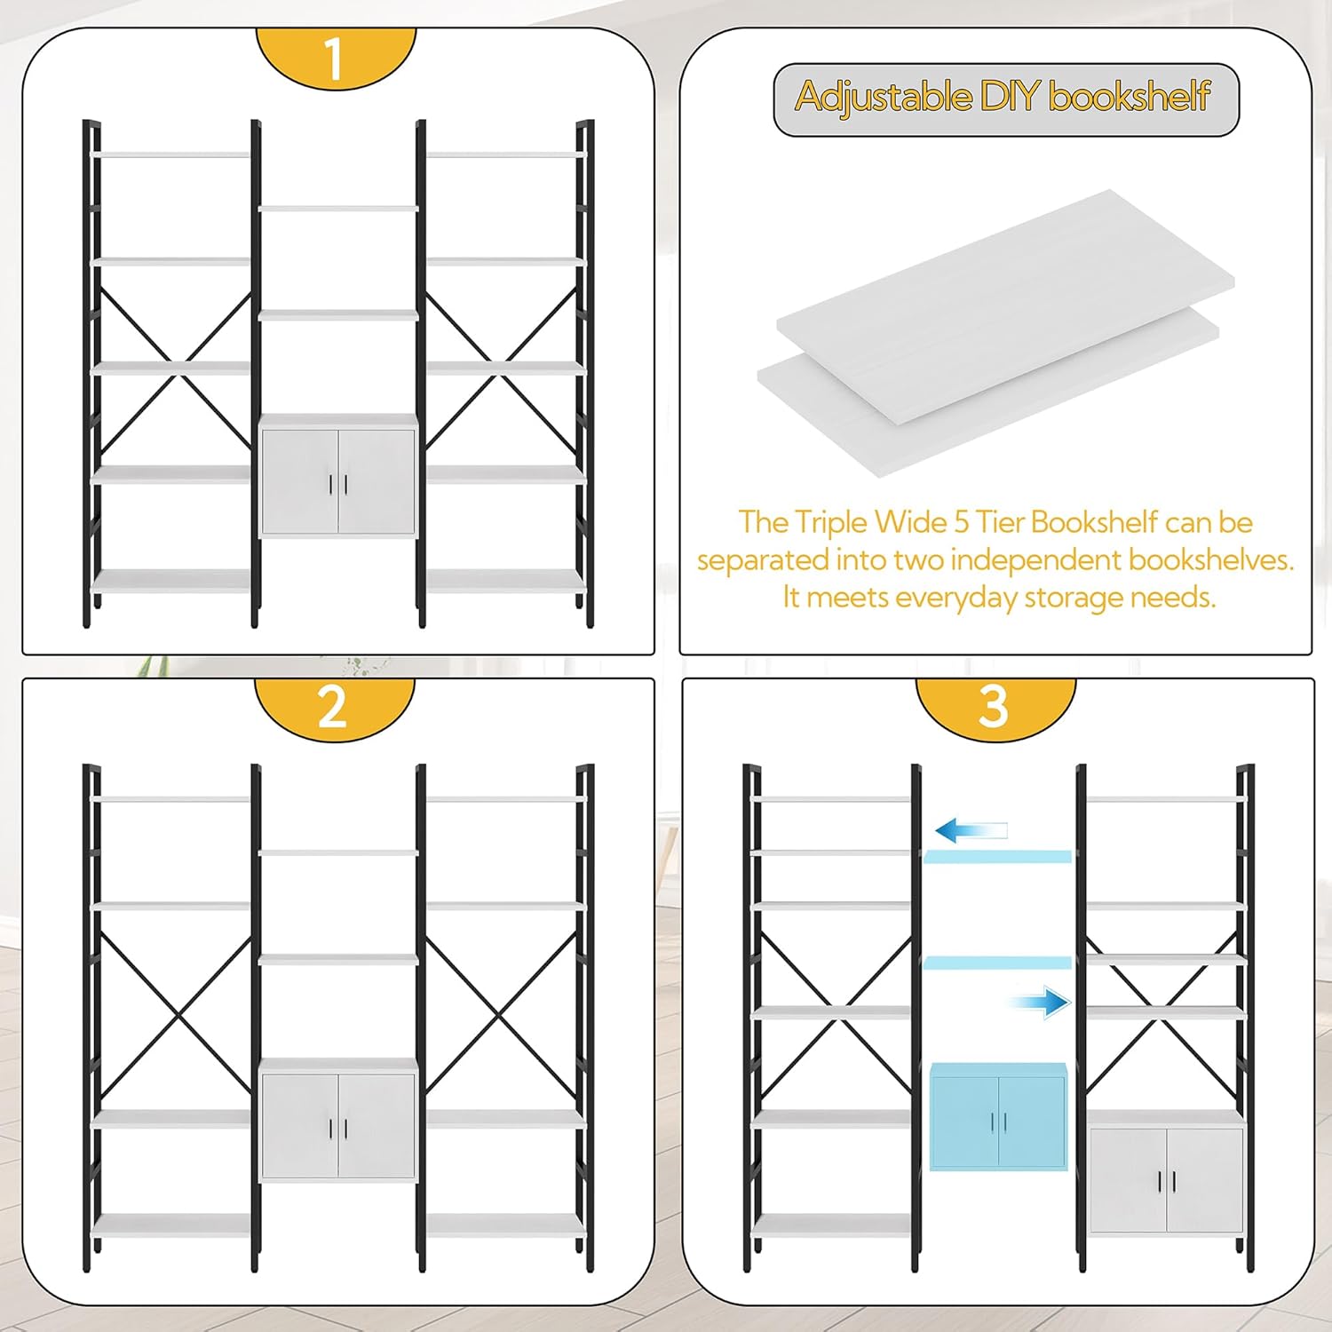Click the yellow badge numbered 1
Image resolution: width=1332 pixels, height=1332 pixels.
[336, 57]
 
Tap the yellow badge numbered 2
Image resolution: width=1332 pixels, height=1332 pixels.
[334, 708]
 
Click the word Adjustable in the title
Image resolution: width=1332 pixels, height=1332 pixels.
[884, 96]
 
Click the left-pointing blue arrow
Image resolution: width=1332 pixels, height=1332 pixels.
[971, 831]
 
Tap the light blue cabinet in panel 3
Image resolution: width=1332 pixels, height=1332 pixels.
[998, 1116]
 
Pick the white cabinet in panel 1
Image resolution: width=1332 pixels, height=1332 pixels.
[338, 476]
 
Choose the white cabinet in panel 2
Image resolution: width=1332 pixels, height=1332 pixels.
[338, 1120]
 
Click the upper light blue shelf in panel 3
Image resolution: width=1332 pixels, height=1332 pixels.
[998, 857]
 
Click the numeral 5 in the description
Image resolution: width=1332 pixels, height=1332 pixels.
[961, 522]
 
